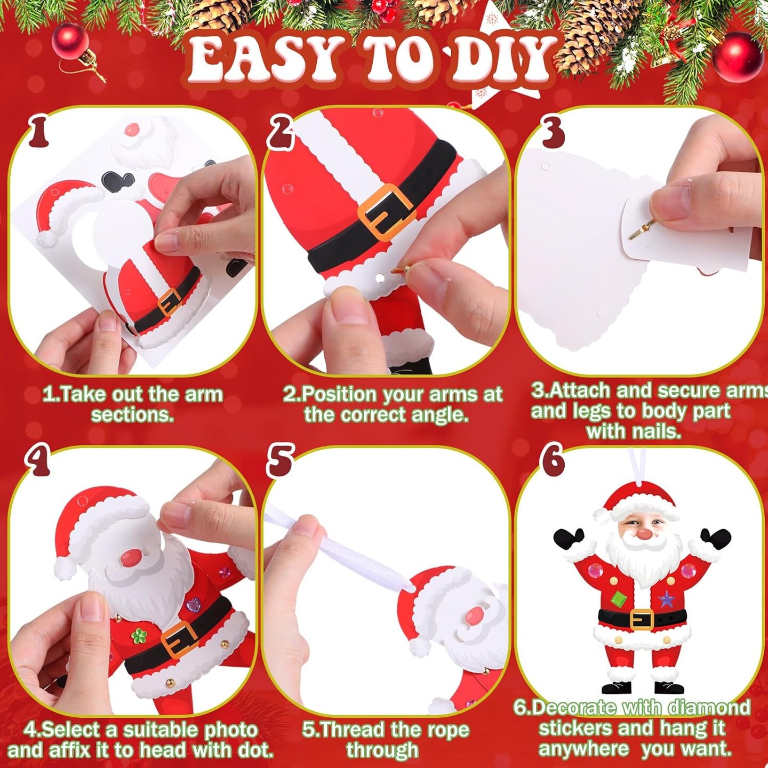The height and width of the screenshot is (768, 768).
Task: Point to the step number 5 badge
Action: pos(281,461)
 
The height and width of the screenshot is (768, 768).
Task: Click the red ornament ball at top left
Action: pos(70,42)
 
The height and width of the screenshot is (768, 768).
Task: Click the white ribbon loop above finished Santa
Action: pos(636,466)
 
